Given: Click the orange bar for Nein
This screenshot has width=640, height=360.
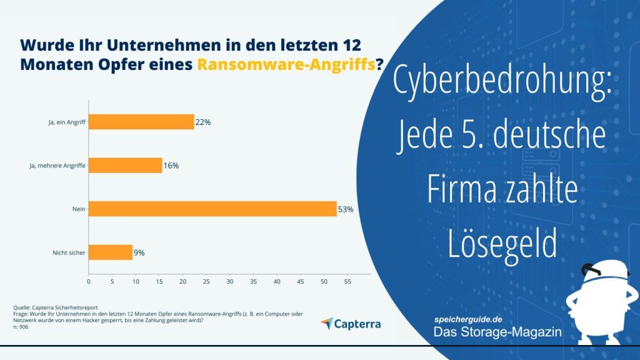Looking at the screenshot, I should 212,209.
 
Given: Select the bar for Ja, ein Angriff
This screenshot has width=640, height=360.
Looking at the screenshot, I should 141,122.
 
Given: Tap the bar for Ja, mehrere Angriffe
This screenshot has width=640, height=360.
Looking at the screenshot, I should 125,166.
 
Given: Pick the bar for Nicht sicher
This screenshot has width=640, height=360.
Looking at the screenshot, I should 111,252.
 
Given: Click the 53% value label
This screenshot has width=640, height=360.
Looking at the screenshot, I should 346,209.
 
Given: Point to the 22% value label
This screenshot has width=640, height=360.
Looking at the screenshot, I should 202,122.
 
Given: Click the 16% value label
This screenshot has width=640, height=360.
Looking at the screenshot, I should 171,166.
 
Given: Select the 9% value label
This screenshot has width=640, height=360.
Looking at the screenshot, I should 139,252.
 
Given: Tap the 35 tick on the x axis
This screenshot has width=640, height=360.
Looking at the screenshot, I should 253,282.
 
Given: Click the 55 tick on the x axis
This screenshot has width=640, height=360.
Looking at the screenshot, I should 347,282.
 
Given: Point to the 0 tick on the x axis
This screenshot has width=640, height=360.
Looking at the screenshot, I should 89,282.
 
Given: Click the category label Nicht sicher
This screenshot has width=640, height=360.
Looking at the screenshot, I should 69,252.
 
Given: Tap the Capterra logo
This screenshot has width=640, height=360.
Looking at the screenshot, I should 350,324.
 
